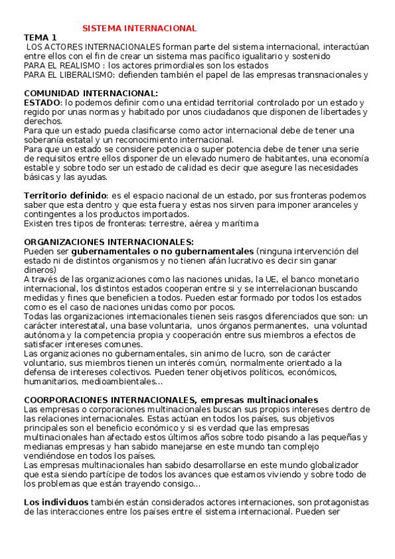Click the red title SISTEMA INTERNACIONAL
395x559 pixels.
[139, 28]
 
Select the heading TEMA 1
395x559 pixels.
[40, 38]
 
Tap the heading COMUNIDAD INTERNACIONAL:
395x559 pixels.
[91, 93]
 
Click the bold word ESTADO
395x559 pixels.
[42, 103]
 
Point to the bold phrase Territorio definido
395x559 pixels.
[65, 196]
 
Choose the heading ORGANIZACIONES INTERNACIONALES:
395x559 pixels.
[109, 242]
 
